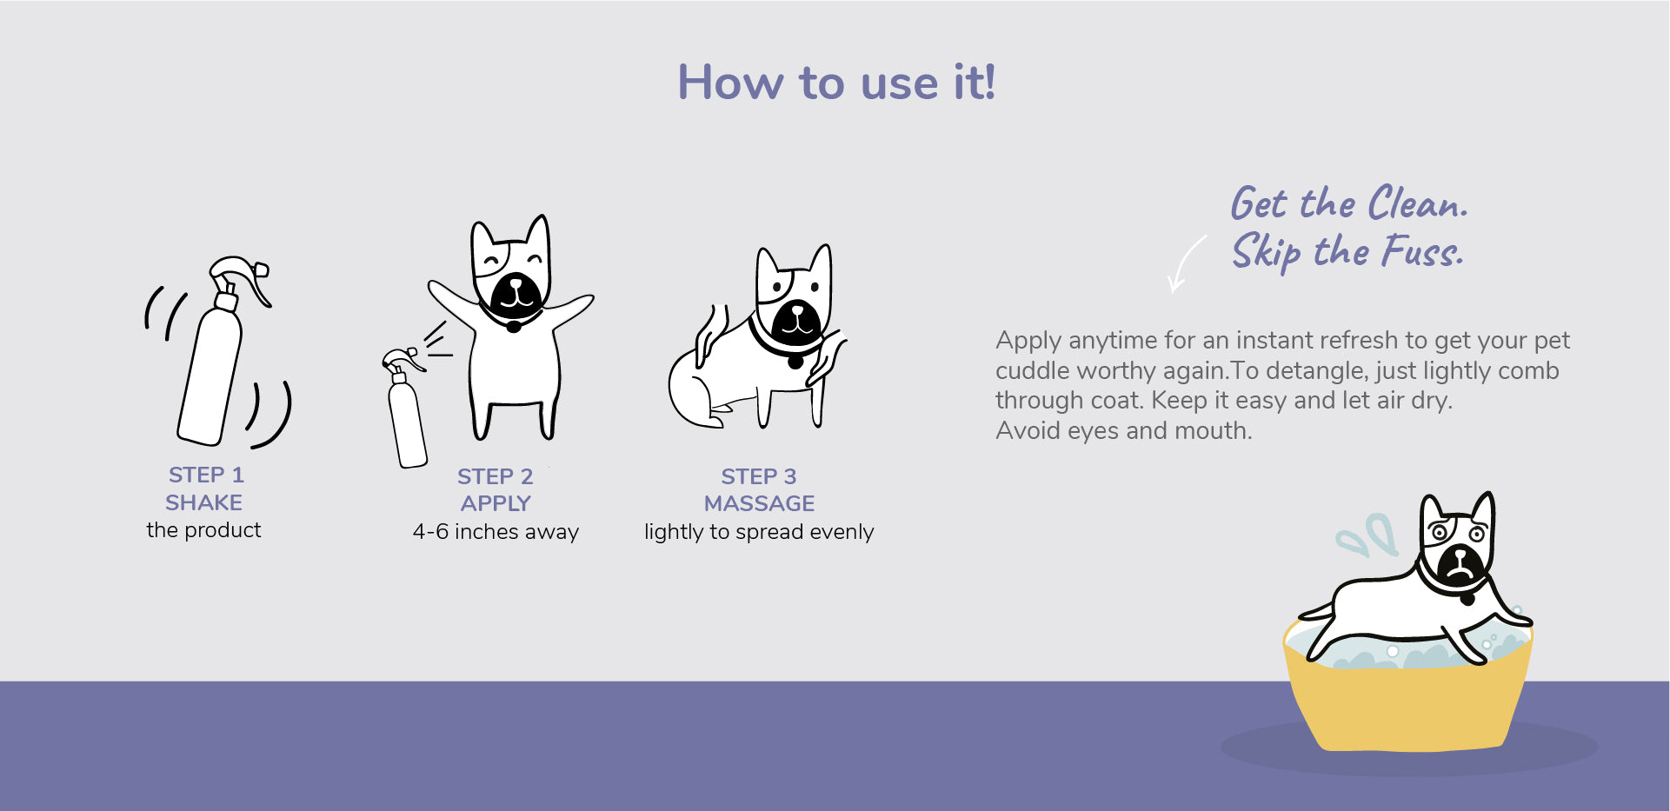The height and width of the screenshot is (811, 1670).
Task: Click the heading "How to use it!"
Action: click(x=836, y=83)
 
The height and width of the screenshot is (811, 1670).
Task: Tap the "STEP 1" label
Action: click(x=206, y=475)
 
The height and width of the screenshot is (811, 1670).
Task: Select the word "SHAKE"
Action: click(x=204, y=502)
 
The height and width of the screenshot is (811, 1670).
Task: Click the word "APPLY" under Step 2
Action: click(x=496, y=503)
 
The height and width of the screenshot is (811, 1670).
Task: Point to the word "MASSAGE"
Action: click(x=759, y=503)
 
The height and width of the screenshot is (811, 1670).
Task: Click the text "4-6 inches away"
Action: click(x=496, y=531)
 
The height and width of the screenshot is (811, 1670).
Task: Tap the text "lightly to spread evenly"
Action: click(x=759, y=532)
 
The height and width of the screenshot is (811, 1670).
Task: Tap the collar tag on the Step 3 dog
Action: click(x=795, y=359)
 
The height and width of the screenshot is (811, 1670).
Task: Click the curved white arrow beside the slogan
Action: click(x=1184, y=263)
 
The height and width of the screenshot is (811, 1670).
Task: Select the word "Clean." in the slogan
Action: click(x=1418, y=203)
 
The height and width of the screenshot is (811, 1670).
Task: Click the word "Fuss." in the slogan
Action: click(x=1423, y=251)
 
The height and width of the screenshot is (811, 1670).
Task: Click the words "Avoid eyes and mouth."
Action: click(x=1124, y=430)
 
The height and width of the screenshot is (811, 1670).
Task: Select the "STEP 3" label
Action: click(x=759, y=476)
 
